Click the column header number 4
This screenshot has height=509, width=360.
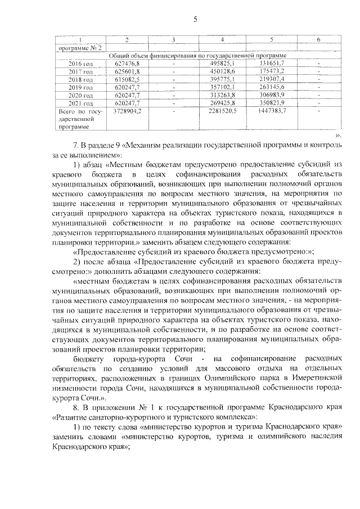(223, 39)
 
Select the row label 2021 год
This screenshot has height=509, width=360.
(80, 104)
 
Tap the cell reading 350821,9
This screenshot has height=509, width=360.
(271, 104)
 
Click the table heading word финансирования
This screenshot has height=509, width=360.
(166, 56)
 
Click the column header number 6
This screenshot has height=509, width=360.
(318, 39)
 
